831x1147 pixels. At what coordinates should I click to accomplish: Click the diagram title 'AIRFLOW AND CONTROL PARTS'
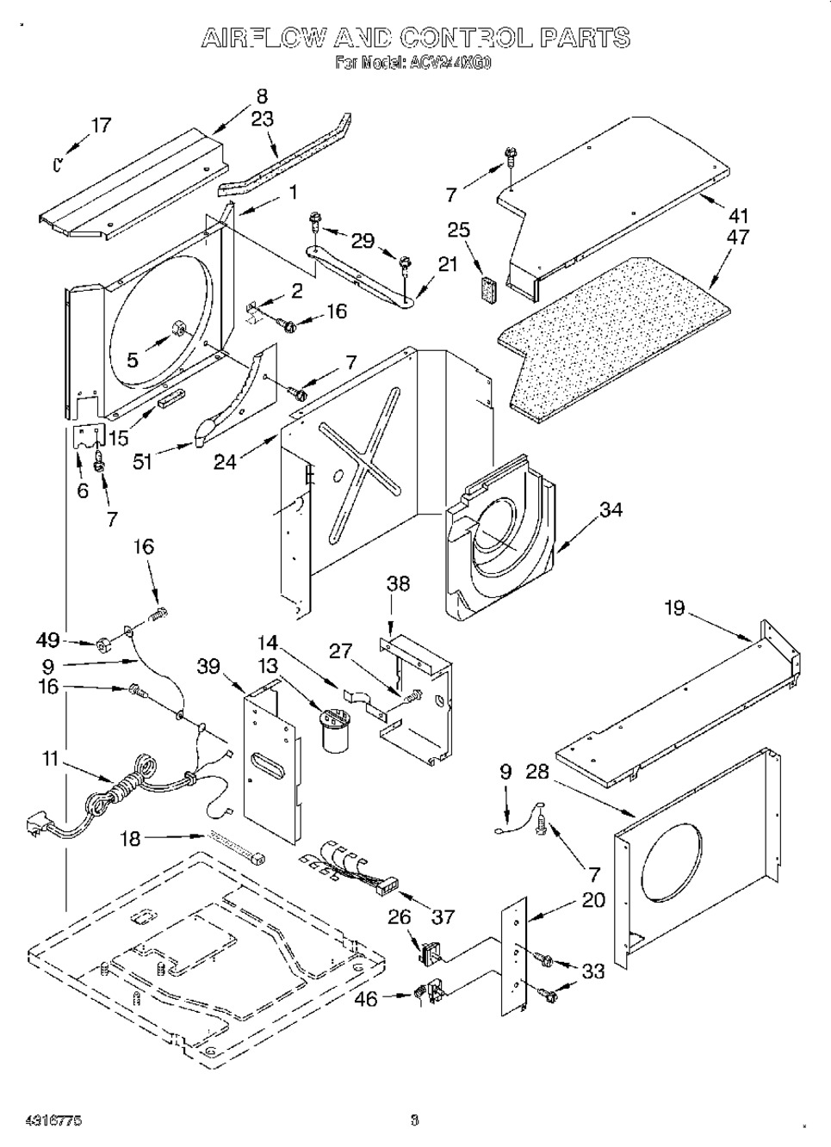(415, 37)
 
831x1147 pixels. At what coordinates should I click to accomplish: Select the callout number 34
(611, 510)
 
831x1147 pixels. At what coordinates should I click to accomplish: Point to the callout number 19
(674, 608)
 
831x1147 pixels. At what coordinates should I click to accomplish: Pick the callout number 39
(209, 667)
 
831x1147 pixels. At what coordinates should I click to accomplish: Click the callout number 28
(537, 773)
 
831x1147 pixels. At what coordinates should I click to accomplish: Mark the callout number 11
(51, 759)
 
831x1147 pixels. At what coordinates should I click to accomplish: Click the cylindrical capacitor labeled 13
(332, 728)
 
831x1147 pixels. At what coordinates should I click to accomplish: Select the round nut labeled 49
(102, 644)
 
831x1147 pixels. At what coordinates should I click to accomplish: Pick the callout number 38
(398, 583)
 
